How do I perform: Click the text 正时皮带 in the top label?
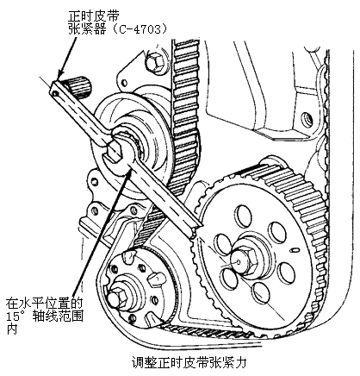(94, 16)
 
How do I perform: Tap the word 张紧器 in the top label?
(87, 29)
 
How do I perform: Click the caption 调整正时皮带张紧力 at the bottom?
(189, 363)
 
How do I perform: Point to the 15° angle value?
(18, 316)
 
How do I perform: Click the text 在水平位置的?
(44, 304)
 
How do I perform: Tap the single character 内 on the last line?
(12, 329)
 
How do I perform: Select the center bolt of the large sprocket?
(245, 261)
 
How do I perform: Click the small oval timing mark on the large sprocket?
(294, 250)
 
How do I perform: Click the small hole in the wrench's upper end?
(55, 93)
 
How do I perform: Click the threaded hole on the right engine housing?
(306, 117)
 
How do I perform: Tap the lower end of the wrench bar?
(195, 232)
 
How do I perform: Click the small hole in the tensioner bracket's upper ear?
(125, 83)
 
